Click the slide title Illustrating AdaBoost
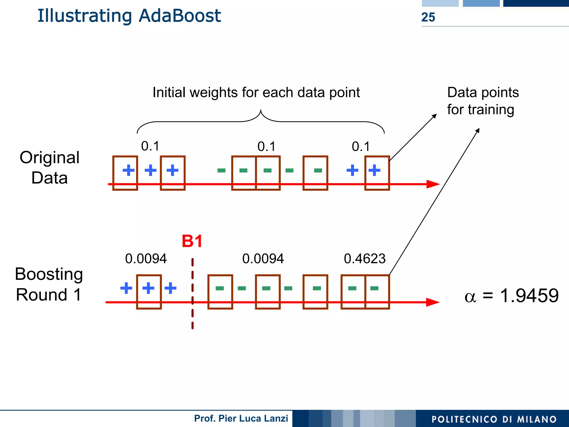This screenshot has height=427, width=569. point(129,16)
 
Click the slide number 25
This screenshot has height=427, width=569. point(428,17)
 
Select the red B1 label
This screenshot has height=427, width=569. point(192,241)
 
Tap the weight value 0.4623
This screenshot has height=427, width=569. point(365,259)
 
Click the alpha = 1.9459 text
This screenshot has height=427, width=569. point(511,296)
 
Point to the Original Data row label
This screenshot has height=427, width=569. point(49,168)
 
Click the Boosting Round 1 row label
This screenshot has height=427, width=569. point(49,284)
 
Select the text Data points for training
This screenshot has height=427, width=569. point(483,101)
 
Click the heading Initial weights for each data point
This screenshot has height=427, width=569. point(256,93)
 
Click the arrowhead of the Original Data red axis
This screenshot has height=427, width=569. point(433,184)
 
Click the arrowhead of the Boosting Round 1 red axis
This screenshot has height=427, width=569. point(433,302)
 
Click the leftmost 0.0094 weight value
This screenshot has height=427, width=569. point(146,259)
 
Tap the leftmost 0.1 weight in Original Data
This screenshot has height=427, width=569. point(150,146)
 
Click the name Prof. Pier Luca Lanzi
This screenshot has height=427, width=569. point(241,418)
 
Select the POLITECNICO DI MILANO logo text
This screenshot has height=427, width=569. point(494,419)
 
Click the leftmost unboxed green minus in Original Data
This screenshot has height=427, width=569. point(221,170)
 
